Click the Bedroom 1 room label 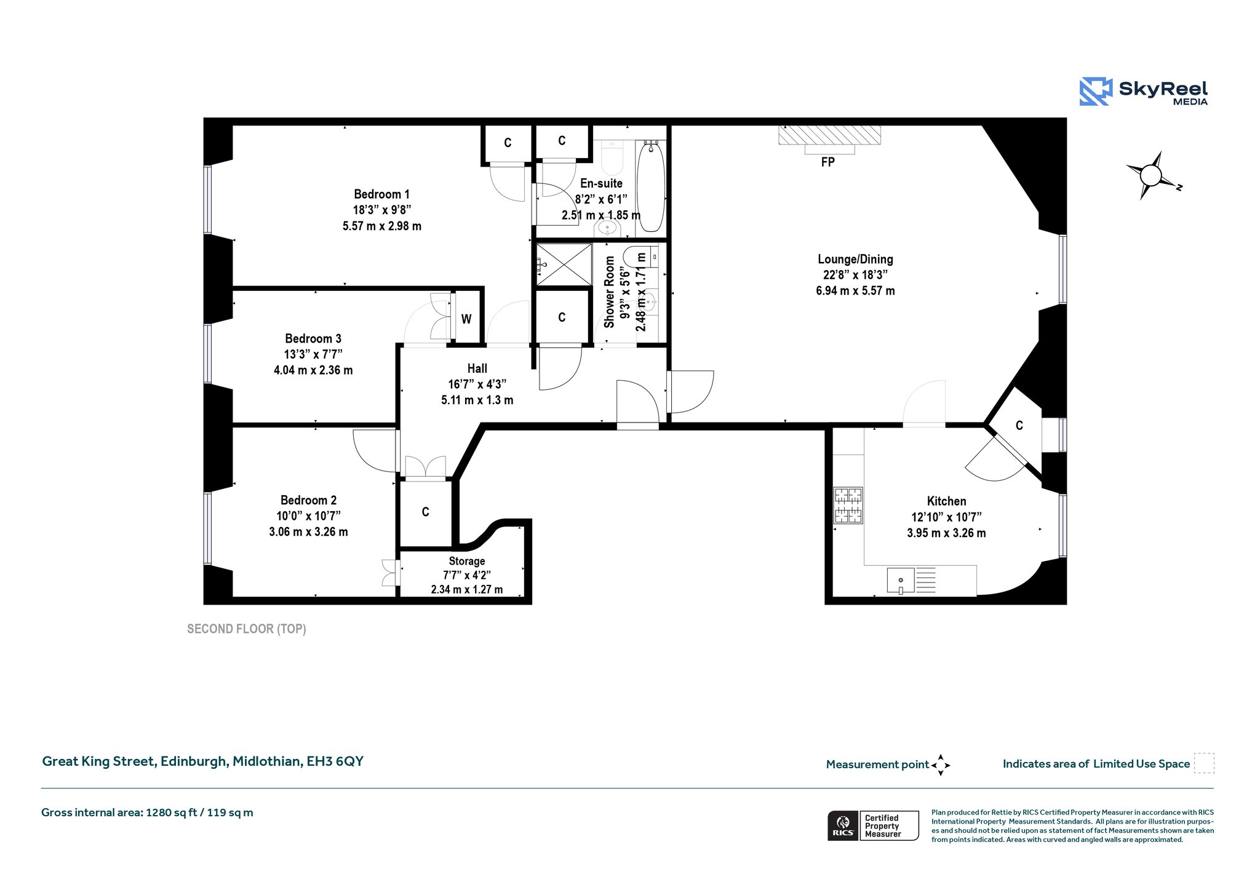[x=381, y=194]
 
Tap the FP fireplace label [x=828, y=162]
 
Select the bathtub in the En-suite [x=650, y=186]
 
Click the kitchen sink [x=901, y=581]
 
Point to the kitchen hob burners [x=848, y=505]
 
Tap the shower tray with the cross [x=564, y=264]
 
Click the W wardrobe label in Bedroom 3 [x=466, y=319]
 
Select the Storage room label [x=467, y=561]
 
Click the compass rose [x=1152, y=176]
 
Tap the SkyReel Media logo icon [x=1096, y=92]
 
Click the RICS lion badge [x=843, y=825]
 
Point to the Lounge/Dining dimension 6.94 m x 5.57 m [x=855, y=291]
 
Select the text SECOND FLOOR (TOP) [x=247, y=629]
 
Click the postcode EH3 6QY [x=335, y=761]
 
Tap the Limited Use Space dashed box [x=1204, y=763]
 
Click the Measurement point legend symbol [x=941, y=765]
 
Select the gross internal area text [x=147, y=813]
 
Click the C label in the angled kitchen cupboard [x=1019, y=425]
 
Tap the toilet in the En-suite [x=612, y=157]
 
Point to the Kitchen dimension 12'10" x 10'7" [x=946, y=517]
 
